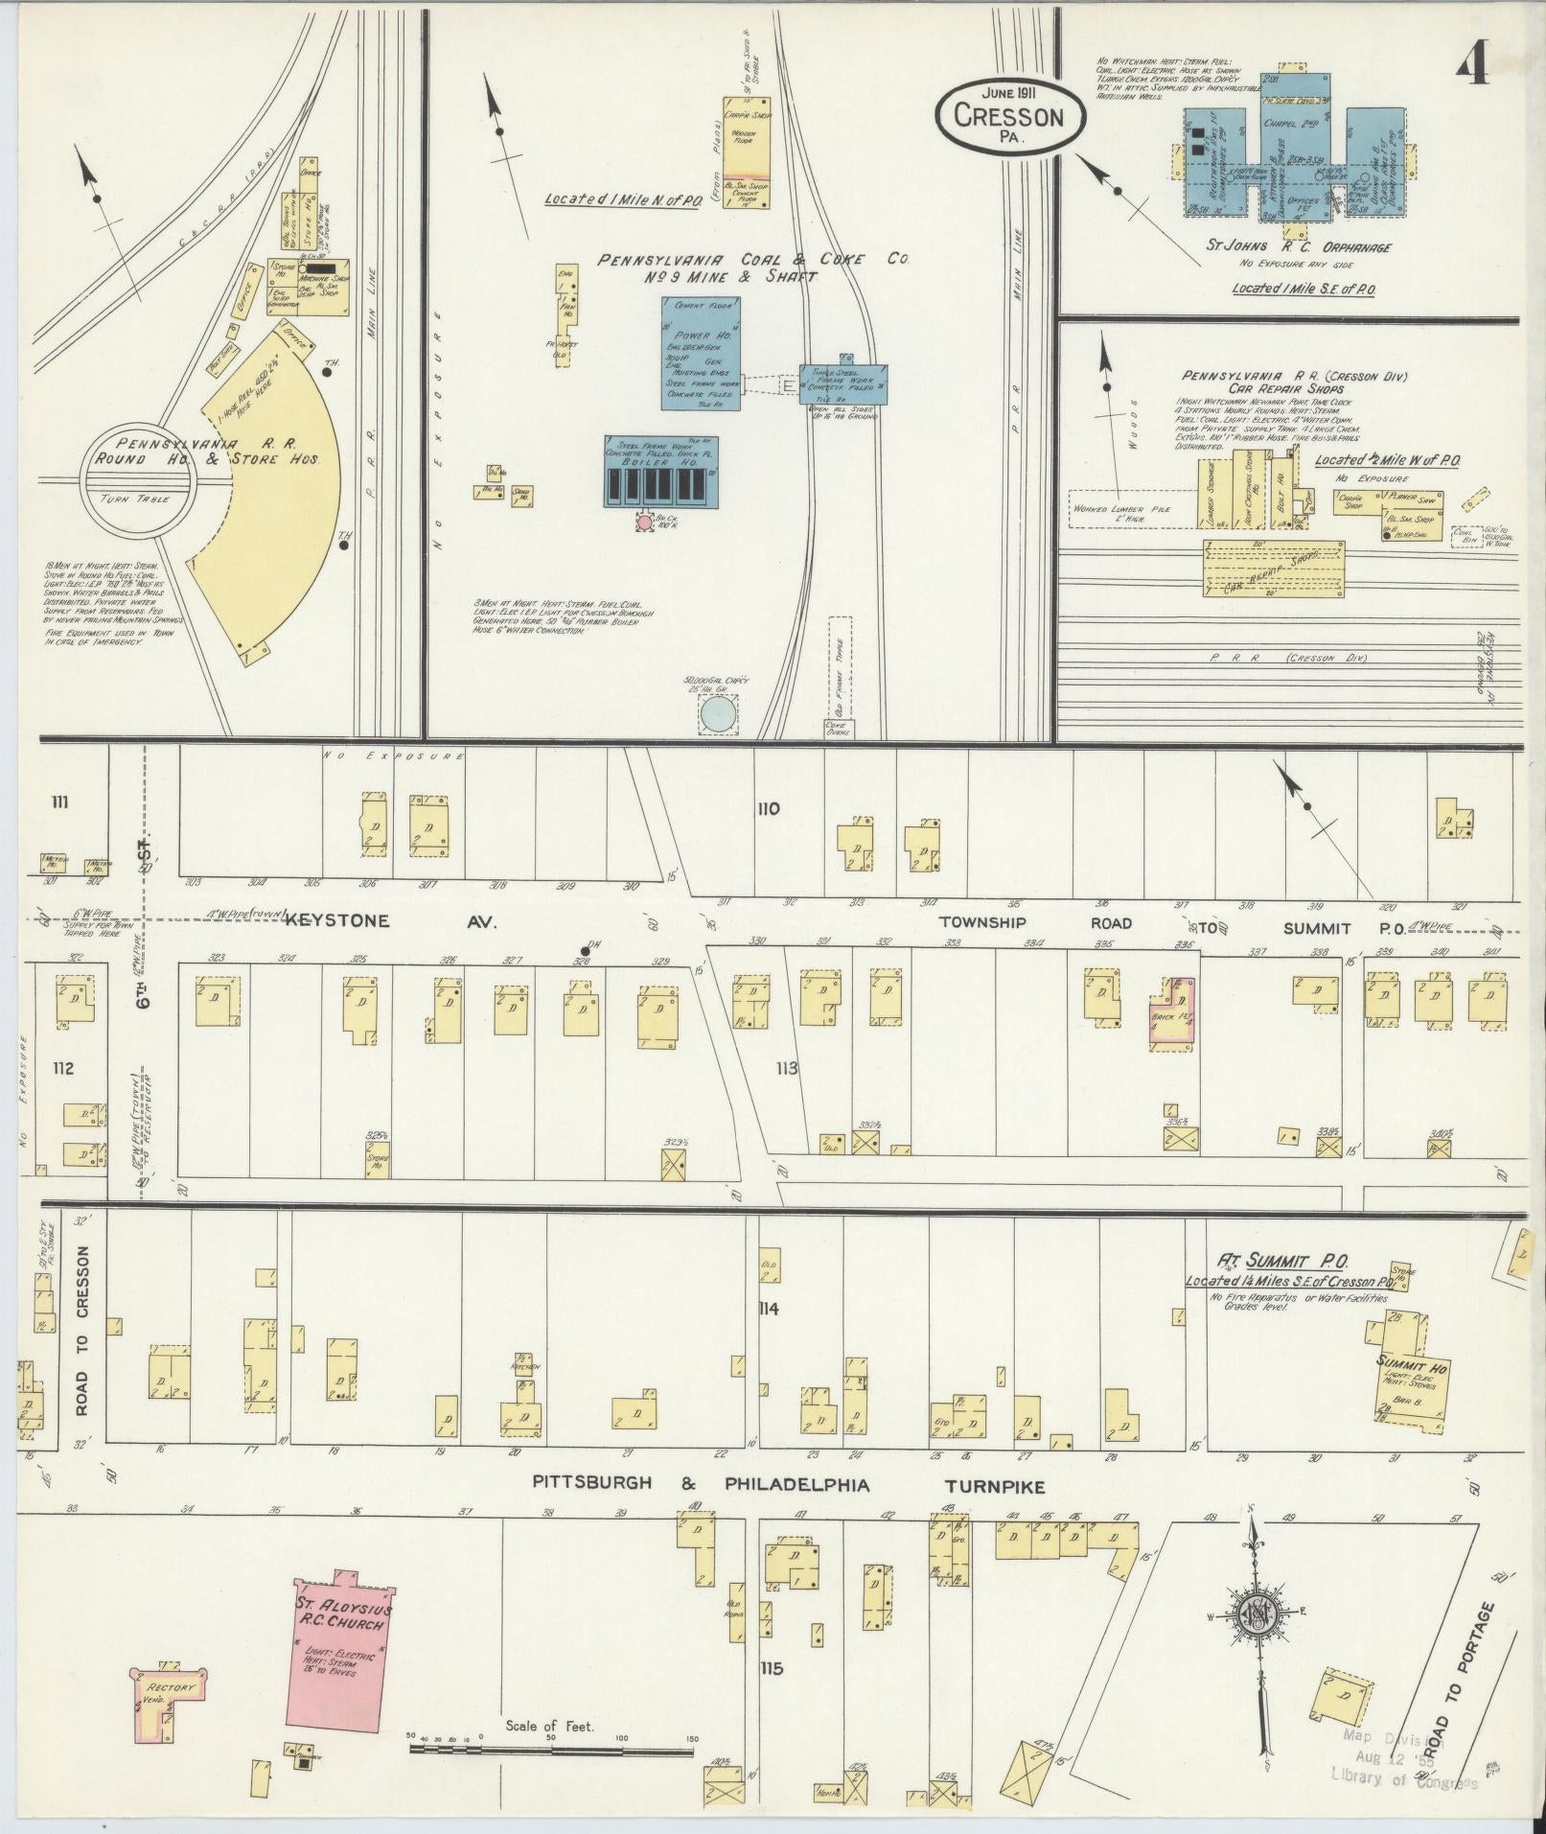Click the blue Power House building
[x=701, y=353]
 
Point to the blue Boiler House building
[x=660, y=471]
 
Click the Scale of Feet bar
[x=552, y=1750]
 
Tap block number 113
[x=787, y=1068]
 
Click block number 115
[x=771, y=1668]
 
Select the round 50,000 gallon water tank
[x=718, y=713]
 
